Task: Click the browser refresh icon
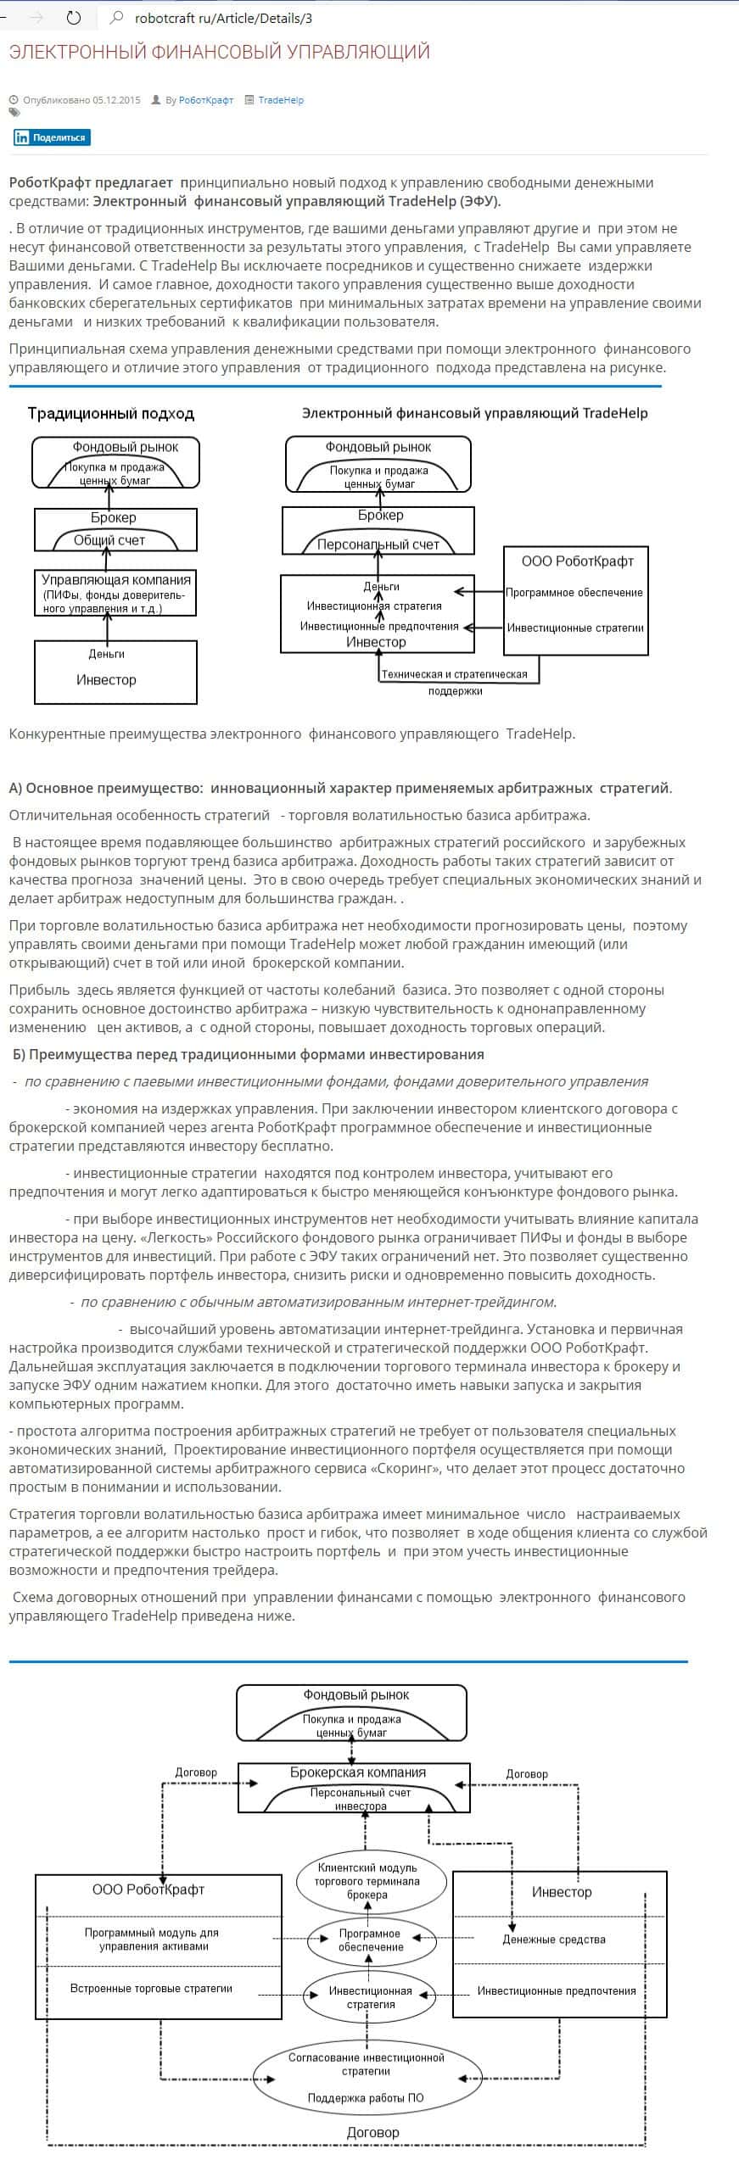click(x=74, y=17)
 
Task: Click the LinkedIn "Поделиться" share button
click(x=52, y=137)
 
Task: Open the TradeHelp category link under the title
click(x=280, y=100)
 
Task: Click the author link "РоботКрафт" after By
click(x=205, y=100)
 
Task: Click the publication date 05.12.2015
click(x=116, y=100)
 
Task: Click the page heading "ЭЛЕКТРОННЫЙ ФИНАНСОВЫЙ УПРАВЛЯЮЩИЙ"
click(x=219, y=53)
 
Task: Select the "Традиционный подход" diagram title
click(x=111, y=414)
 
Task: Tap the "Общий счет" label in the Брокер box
click(x=109, y=540)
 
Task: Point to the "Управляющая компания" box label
click(x=116, y=580)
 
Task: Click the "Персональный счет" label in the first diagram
click(x=378, y=544)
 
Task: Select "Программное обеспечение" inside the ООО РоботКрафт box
click(x=574, y=593)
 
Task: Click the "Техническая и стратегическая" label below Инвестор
click(x=454, y=675)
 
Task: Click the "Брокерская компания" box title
click(x=357, y=1772)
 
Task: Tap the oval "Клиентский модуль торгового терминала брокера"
click(x=367, y=1882)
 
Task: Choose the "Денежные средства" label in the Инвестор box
click(x=553, y=1940)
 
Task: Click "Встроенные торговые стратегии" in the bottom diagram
click(x=151, y=1989)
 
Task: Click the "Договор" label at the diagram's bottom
click(x=372, y=2132)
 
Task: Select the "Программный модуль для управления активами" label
click(x=152, y=1940)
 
